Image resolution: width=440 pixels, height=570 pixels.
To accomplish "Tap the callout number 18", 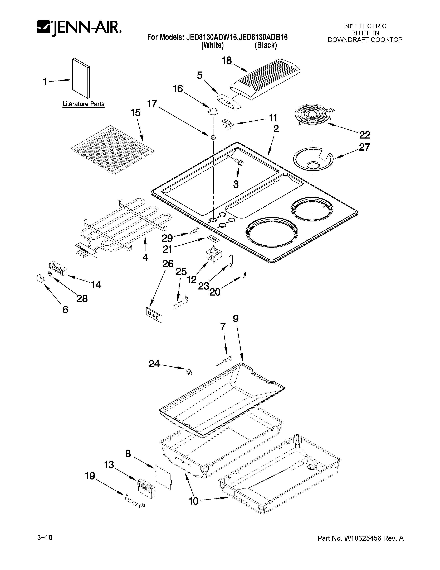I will click(227, 61).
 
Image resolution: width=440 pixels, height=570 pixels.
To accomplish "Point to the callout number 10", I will click(193, 501).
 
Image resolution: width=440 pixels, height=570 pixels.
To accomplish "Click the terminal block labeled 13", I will click(146, 485).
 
